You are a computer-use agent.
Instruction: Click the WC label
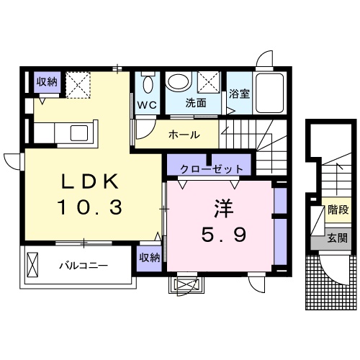(x=148, y=104)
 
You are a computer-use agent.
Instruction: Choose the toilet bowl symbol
(x=148, y=84)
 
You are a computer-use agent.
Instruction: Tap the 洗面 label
(x=196, y=103)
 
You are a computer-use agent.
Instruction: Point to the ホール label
(x=184, y=135)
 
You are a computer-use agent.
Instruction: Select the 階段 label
(x=338, y=211)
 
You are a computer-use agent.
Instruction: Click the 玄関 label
(x=338, y=237)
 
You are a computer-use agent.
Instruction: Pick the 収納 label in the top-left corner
(x=48, y=82)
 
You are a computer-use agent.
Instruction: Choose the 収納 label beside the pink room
(x=149, y=258)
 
